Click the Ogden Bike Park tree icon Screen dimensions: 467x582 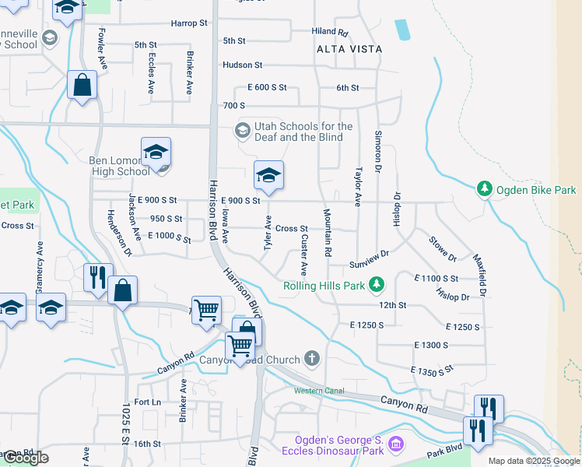coord(485,189)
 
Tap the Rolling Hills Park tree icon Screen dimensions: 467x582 coord(377,285)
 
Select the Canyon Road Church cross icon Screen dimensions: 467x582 coord(311,359)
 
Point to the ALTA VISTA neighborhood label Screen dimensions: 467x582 coord(349,49)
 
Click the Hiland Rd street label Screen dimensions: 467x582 coord(329,32)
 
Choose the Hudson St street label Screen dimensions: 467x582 coord(242,65)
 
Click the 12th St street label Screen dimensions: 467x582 coord(392,305)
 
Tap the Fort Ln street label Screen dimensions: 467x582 coord(147,402)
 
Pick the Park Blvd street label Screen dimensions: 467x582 coord(444,455)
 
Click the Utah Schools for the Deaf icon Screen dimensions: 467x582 coord(244,129)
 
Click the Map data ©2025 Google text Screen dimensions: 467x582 coord(533,461)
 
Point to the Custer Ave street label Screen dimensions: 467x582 coord(303,255)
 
